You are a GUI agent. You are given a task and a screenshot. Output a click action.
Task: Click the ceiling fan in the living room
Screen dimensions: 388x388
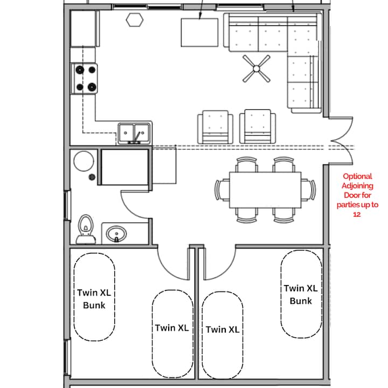click(257, 68)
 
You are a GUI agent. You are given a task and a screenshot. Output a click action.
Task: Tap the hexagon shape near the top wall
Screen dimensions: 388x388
click(135, 20)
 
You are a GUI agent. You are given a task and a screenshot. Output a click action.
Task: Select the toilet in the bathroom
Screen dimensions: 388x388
click(86, 230)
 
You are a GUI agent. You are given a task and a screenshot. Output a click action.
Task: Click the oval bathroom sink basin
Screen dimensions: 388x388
click(116, 233)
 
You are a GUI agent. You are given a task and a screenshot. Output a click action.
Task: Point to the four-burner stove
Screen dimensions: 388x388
click(85, 79)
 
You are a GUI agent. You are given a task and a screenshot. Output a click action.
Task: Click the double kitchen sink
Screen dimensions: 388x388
click(134, 133)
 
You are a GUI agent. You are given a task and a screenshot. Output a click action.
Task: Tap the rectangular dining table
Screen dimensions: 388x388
click(265, 190)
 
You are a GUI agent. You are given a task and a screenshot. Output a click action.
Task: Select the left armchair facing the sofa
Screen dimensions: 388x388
click(215, 127)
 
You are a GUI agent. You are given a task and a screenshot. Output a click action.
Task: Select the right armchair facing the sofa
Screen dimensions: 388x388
click(258, 127)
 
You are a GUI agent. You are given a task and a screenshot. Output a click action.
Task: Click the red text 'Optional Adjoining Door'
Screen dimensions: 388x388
click(358, 185)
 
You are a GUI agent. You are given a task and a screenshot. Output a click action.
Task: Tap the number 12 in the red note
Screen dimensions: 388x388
click(357, 214)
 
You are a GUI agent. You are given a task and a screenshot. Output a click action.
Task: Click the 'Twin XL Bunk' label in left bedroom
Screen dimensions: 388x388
click(94, 299)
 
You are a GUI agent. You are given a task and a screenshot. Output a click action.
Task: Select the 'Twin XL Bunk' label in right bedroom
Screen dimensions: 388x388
click(301, 294)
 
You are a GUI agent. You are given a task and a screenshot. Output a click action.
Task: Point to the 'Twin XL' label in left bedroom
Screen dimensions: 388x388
click(172, 328)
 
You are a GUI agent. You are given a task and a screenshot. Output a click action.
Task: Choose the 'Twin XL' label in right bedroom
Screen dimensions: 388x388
click(223, 329)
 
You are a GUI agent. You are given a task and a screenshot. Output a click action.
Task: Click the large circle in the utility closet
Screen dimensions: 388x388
click(84, 161)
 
